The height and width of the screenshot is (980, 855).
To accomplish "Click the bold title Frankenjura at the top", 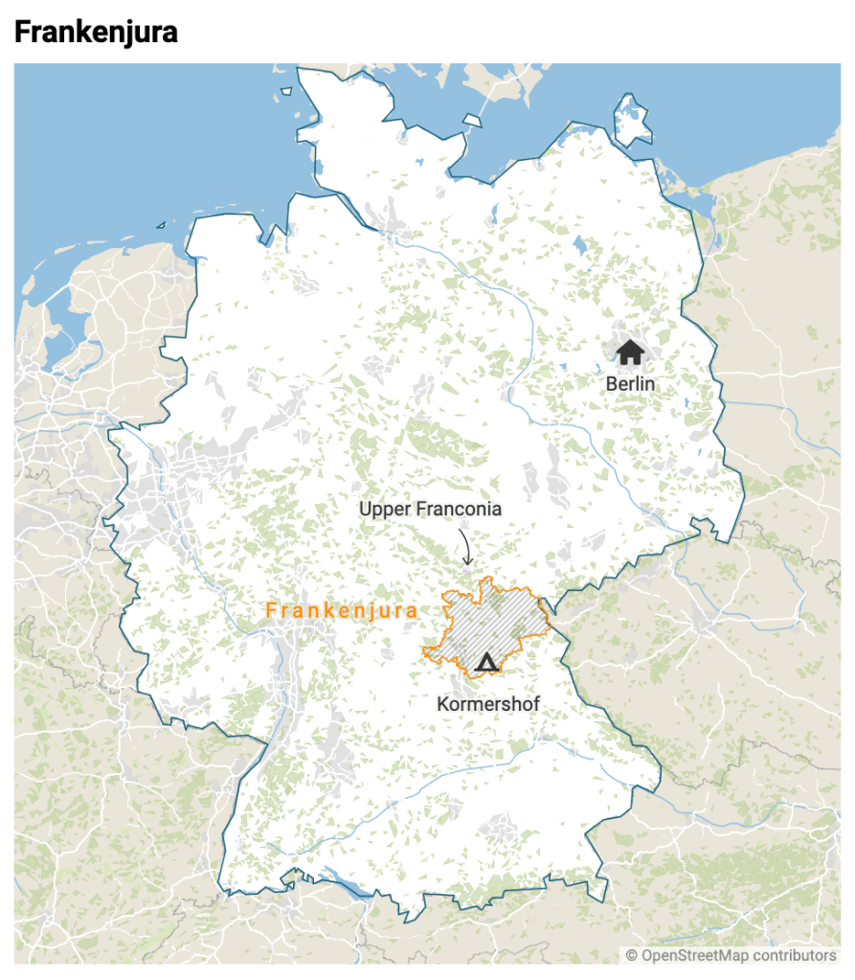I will (x=96, y=33).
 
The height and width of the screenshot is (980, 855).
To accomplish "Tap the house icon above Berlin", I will (x=629, y=352).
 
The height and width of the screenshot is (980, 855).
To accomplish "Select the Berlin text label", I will (x=630, y=383).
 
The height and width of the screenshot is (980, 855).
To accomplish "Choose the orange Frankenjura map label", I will (x=341, y=610).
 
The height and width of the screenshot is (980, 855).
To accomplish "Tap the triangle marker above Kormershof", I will (x=486, y=661).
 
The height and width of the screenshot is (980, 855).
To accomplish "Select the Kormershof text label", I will (x=488, y=704).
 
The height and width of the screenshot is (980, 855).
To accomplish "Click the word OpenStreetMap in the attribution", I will (x=698, y=955).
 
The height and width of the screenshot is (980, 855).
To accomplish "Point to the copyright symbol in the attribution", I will (x=632, y=955).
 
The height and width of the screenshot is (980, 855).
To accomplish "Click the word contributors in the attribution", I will (x=795, y=955).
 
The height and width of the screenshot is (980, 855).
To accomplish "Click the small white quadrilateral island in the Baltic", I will (x=471, y=121).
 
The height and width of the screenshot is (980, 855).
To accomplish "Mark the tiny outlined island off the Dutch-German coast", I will (x=160, y=225).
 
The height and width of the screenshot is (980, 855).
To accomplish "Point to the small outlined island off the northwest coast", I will (x=285, y=92).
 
